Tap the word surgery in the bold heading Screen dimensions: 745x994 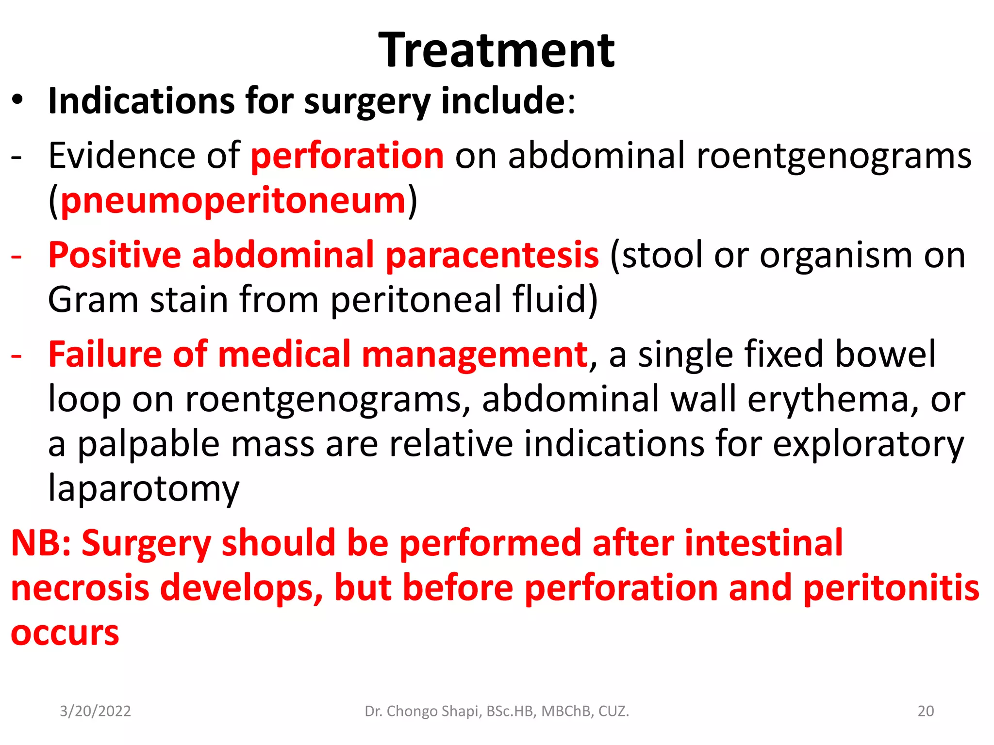coord(367,102)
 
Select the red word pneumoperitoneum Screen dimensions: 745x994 coord(233,201)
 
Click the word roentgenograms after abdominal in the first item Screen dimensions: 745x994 coord(834,156)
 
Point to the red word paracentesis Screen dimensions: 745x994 coord(492,255)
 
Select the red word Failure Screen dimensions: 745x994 coord(104,355)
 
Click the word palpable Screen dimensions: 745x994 coord(149,444)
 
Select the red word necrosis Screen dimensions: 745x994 coord(80,588)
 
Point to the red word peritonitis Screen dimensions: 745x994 coord(891,588)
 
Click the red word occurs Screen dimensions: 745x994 coord(65,633)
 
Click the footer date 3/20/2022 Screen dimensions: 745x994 coord(95,711)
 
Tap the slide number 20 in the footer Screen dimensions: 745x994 coord(926,711)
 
